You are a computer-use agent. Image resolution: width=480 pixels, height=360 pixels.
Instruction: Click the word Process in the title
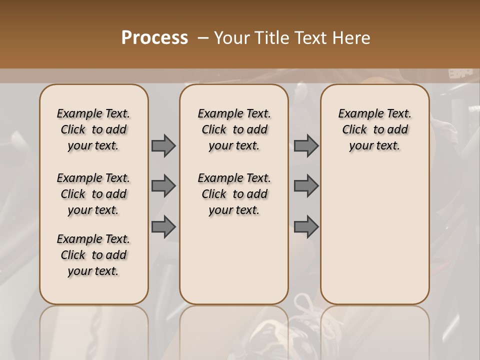click(154, 38)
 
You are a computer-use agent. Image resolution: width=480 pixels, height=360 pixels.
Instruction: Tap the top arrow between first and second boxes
click(163, 145)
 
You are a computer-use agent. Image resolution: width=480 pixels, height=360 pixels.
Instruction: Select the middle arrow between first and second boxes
click(163, 186)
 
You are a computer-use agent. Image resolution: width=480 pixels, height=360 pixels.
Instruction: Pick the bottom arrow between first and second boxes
click(163, 227)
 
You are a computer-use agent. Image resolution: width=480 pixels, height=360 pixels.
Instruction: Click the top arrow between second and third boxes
click(306, 145)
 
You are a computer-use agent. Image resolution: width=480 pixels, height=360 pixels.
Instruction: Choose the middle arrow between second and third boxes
click(306, 186)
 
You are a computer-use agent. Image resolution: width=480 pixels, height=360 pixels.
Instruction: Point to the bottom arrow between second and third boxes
click(306, 227)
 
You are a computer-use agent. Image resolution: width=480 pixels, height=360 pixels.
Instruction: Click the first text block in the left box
click(93, 129)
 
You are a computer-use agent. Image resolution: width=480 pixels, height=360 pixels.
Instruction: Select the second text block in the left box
click(93, 194)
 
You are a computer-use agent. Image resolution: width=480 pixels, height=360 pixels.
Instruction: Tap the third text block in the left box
click(93, 255)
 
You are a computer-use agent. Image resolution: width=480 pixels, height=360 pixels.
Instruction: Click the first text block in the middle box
click(234, 129)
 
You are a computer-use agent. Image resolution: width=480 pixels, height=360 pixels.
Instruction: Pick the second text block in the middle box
click(234, 194)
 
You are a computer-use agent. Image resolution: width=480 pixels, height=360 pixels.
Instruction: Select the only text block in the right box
click(374, 129)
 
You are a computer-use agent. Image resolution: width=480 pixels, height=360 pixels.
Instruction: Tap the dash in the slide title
click(203, 38)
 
